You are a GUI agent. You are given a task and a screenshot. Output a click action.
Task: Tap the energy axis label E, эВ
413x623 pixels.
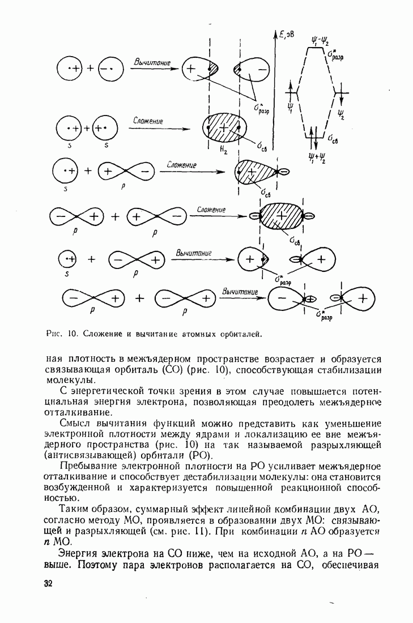(x=287, y=35)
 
